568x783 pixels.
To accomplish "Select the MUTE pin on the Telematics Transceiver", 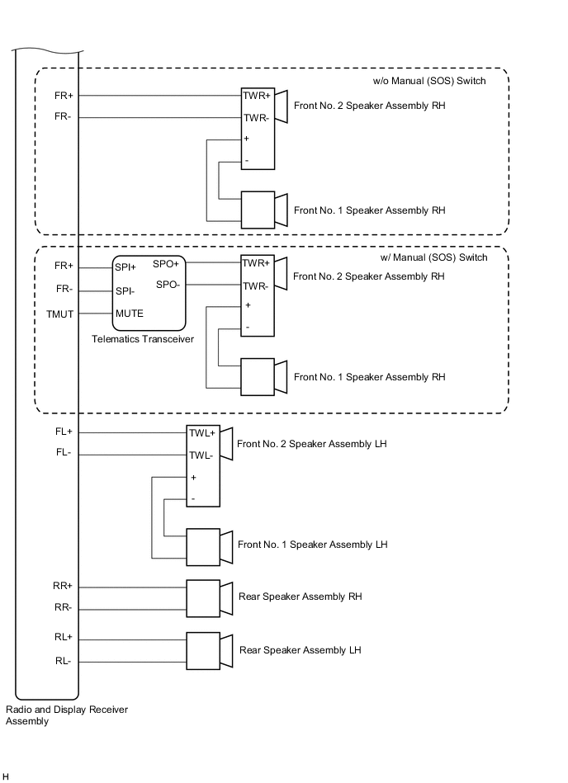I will point(130,314).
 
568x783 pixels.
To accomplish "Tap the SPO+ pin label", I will point(166,264).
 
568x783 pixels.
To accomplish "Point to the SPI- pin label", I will point(125,290).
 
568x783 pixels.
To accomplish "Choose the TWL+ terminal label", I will point(202,432).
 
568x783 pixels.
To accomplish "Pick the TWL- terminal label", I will point(201,455).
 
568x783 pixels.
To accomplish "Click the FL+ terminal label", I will point(64,432).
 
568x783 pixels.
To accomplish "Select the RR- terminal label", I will point(63,609).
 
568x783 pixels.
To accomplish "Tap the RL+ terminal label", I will point(64,637).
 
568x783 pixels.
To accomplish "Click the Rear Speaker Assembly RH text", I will point(300,597).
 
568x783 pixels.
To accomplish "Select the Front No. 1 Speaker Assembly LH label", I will point(312,545).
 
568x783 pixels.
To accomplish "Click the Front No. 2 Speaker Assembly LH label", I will point(312,444).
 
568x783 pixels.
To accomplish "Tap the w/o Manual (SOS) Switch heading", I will point(429,81).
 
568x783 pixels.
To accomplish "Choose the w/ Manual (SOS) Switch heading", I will point(433,257).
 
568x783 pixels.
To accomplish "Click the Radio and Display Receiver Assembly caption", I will point(67,715).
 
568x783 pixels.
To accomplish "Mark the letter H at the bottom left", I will point(6,776).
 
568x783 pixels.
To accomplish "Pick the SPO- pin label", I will point(168,284).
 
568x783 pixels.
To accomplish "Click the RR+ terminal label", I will point(63,586).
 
